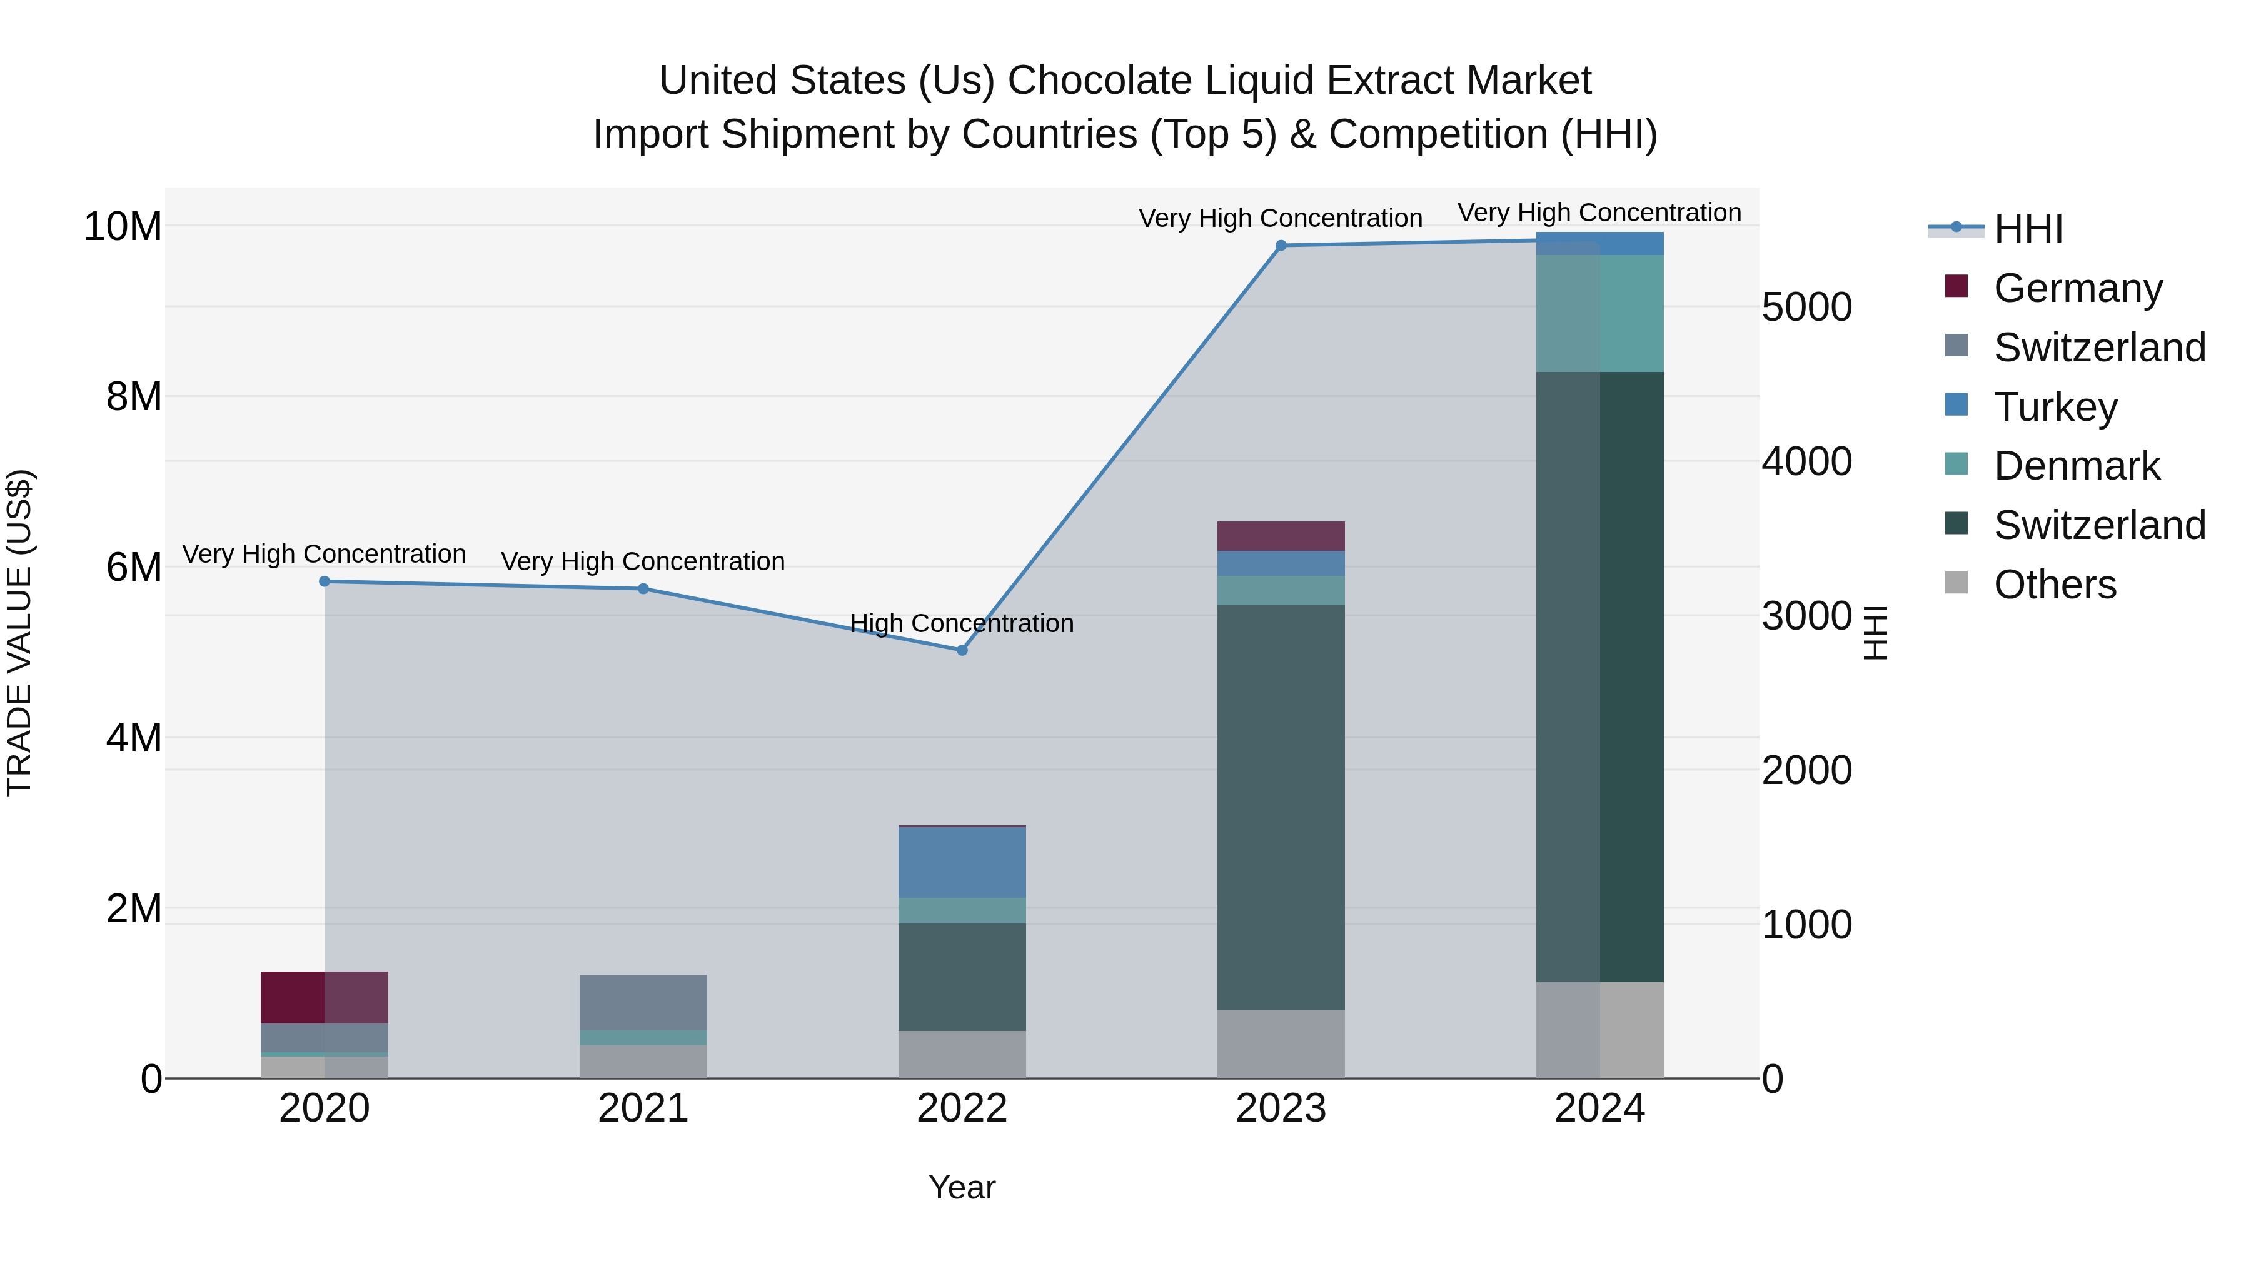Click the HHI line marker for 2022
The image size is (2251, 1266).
(x=962, y=650)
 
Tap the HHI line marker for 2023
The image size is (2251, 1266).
(x=1281, y=246)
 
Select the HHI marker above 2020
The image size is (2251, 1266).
(x=324, y=581)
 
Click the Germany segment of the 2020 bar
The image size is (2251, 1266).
(x=324, y=997)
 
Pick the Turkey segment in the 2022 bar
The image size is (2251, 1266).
(x=962, y=862)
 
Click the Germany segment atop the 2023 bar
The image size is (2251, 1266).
(x=1281, y=536)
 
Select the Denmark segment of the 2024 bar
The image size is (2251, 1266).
(x=1600, y=314)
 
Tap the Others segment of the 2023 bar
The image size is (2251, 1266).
(x=1281, y=1044)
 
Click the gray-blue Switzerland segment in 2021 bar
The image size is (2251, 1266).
(x=643, y=1002)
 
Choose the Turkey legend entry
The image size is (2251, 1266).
(x=2055, y=407)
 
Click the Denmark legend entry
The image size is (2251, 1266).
(x=2076, y=466)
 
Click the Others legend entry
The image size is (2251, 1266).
(x=2055, y=585)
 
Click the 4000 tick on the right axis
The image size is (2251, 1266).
(x=1806, y=461)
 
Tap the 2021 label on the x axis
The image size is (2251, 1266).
(x=643, y=1108)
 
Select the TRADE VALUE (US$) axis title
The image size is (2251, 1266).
(x=19, y=633)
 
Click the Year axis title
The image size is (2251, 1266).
(x=962, y=1187)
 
